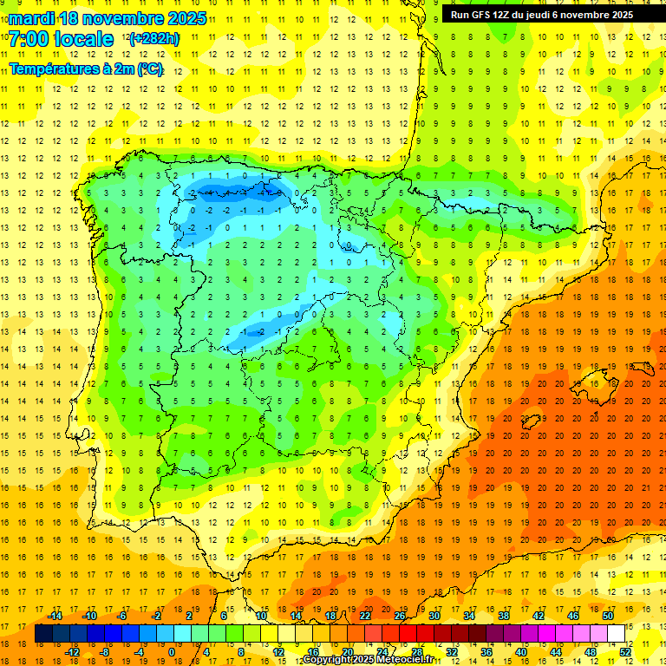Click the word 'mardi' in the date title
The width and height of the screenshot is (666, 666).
pyautogui.click(x=32, y=18)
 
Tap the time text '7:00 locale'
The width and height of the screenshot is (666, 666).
pyautogui.click(x=61, y=39)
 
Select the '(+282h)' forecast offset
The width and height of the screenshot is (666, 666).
pyautogui.click(x=153, y=39)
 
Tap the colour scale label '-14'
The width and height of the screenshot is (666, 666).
pyautogui.click(x=55, y=616)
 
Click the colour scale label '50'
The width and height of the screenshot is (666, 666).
pyautogui.click(x=608, y=616)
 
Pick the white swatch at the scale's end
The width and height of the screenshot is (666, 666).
pyautogui.click(x=616, y=634)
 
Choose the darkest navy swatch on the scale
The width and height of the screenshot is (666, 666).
pyautogui.click(x=43, y=634)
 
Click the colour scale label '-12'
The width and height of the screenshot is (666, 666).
pyautogui.click(x=72, y=651)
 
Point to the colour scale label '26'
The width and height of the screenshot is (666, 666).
pyautogui.click(x=400, y=616)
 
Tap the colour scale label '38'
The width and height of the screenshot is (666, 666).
pyautogui.click(x=504, y=616)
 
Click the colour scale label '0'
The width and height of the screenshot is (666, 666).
pyautogui.click(x=171, y=651)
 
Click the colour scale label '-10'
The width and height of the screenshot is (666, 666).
pyautogui.click(x=89, y=616)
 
